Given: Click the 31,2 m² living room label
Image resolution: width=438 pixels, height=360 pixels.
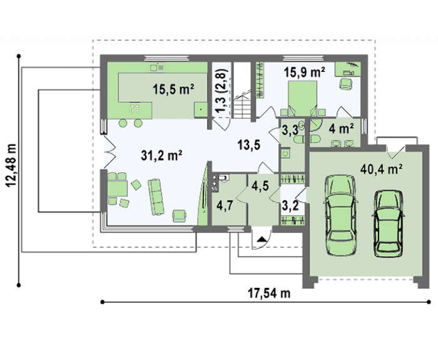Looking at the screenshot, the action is tap(161, 156).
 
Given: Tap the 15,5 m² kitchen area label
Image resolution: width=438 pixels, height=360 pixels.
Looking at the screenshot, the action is tap(173, 89).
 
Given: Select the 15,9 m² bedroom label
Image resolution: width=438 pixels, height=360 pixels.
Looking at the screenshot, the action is tap(305, 72).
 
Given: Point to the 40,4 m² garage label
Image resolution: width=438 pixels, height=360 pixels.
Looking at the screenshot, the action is tap(381, 169).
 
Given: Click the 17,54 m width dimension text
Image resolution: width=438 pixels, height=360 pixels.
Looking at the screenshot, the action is tap(269, 293).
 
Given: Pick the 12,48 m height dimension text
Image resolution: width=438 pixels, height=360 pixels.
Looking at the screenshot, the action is tap(11, 165).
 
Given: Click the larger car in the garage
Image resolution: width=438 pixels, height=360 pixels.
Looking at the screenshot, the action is tap(341, 215).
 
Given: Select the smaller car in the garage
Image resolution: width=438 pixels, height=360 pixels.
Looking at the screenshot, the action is tap(389, 224).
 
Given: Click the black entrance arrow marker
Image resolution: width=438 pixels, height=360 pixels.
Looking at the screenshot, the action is tap(262, 239).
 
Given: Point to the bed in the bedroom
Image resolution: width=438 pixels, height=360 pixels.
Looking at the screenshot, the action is tap(303, 98).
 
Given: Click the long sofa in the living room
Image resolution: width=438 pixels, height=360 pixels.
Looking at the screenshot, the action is tap(156, 197).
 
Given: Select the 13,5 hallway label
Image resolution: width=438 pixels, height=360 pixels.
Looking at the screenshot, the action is tap(249, 145).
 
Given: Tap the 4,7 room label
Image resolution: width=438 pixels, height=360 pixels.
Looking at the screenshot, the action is tap(225, 206).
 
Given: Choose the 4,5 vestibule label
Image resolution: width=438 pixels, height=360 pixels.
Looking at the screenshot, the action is tap(260, 185).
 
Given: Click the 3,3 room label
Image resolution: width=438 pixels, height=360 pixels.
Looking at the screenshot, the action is tap(290, 130).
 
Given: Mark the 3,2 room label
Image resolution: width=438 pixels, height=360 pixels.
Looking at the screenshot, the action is tap(290, 206).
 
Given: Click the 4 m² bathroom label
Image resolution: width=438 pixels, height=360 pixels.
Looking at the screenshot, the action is tap(342, 129).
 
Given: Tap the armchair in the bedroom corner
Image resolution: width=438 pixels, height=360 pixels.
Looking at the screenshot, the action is tap(346, 83).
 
